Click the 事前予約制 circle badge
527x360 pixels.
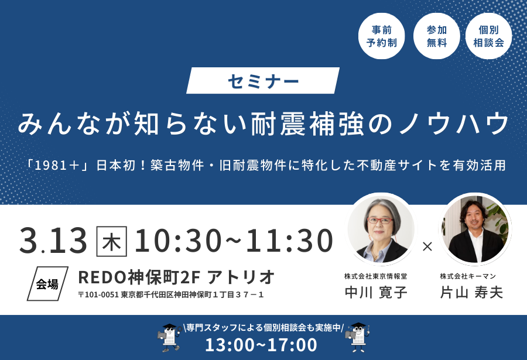381,36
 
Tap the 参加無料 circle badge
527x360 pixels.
436,36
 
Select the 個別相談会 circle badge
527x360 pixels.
489,36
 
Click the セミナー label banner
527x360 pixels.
263,81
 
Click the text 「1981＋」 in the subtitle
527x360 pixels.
57,166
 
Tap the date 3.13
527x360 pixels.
53,241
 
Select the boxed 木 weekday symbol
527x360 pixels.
112,241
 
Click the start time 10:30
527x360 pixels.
178,241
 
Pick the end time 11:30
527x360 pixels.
290,241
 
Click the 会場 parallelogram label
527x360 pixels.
47,284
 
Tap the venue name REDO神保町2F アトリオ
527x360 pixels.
176,277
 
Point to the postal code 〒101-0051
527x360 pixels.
98,295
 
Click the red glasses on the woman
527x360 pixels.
380,221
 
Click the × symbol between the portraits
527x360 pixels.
427,246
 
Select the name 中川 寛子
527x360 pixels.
376,292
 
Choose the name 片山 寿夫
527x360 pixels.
471,292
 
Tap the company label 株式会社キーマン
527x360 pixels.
468,276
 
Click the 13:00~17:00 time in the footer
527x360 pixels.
261,345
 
